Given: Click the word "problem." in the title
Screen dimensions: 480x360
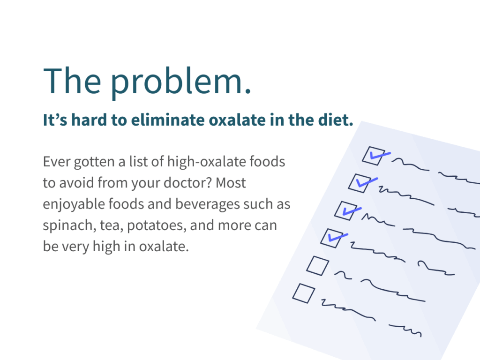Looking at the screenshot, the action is click(180, 82).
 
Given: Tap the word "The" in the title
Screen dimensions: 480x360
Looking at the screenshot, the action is click(72, 80).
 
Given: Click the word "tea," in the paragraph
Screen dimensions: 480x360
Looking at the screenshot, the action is click(112, 226).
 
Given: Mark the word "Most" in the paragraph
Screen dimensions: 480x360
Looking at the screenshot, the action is click(231, 183).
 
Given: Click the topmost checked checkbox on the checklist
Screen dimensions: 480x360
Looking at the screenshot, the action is click(374, 156).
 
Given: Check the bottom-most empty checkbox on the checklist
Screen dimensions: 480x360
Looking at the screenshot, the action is click(304, 293).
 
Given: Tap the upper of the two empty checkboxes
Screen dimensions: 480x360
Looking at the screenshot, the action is click(318, 266).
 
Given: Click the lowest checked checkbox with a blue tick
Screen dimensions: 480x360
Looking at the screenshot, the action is click(332, 238).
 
